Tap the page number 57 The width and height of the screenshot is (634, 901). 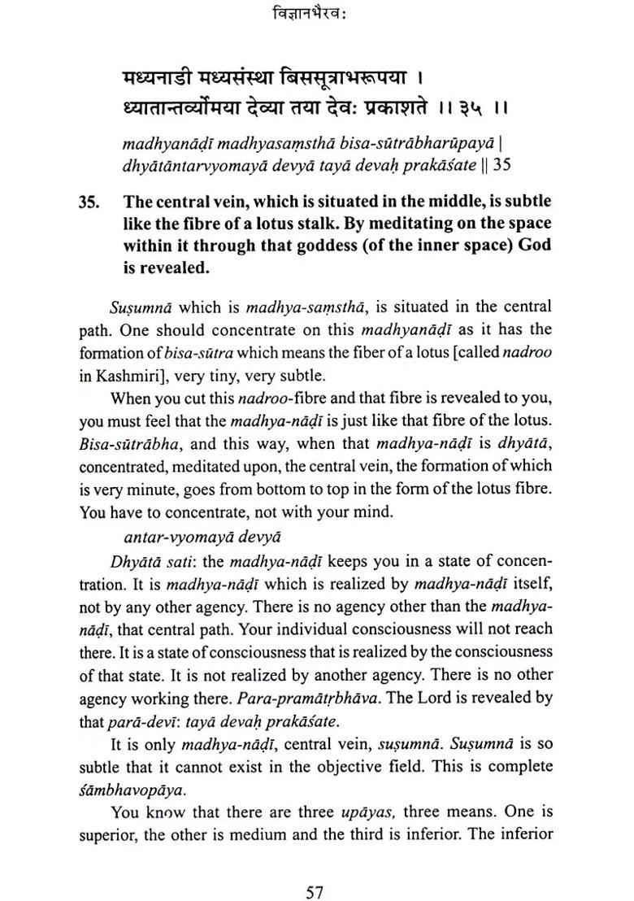coord(315,871)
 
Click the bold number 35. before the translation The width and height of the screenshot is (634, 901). coord(92,202)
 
